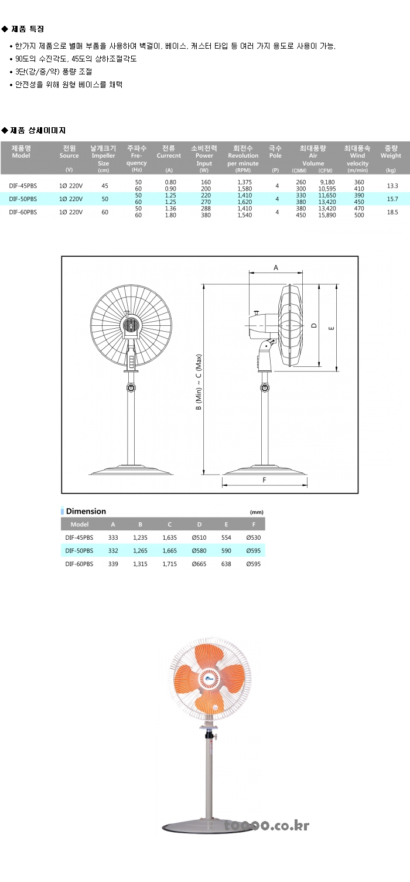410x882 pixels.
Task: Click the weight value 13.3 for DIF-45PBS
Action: [392, 186]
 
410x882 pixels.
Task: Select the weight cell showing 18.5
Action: [392, 212]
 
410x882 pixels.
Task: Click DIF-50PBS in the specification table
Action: [23, 199]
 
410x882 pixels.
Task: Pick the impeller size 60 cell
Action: [105, 212]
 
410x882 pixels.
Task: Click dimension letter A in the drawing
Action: [276, 268]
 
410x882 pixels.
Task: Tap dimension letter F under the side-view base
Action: [264, 480]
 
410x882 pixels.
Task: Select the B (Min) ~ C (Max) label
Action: [199, 382]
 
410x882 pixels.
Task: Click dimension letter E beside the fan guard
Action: [332, 328]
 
